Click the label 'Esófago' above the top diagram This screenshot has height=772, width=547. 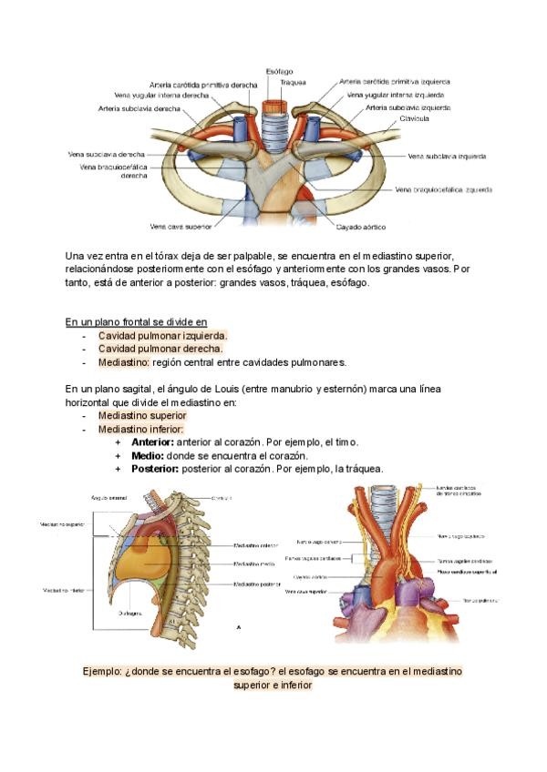tap(279, 70)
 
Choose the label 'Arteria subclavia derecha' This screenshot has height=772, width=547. tap(139, 108)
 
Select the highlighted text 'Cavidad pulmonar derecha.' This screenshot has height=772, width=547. tap(160, 349)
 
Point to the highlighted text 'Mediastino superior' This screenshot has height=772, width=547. tap(142, 415)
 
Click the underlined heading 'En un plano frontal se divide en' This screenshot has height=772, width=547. tap(136, 321)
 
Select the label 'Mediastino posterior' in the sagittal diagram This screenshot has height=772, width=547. tap(257, 584)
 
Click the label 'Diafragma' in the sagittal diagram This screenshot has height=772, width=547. tap(129, 614)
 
